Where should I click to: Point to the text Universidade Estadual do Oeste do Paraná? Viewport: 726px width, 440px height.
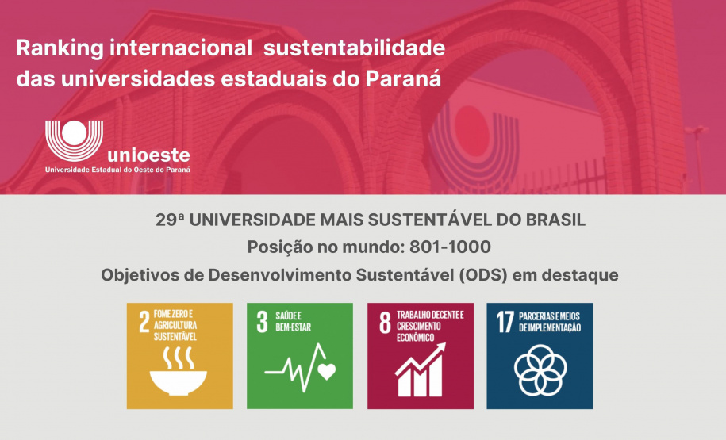[117, 169]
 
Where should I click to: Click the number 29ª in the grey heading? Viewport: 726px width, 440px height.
[170, 220]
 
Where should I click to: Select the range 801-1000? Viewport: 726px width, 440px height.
[450, 247]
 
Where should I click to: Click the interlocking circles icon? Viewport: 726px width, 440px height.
[540, 369]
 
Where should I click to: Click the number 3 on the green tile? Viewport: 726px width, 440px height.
[262, 322]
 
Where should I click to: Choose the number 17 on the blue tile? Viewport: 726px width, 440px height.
[505, 322]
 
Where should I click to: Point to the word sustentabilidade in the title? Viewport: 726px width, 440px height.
[354, 48]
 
